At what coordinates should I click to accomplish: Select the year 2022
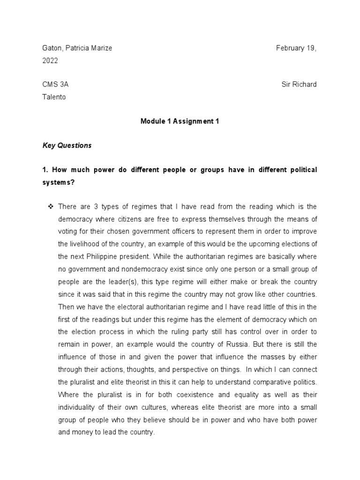tap(51, 60)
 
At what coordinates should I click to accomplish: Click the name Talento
tap(53, 97)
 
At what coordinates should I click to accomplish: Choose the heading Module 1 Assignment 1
tap(180, 121)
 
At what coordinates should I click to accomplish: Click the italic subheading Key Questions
tap(67, 145)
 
